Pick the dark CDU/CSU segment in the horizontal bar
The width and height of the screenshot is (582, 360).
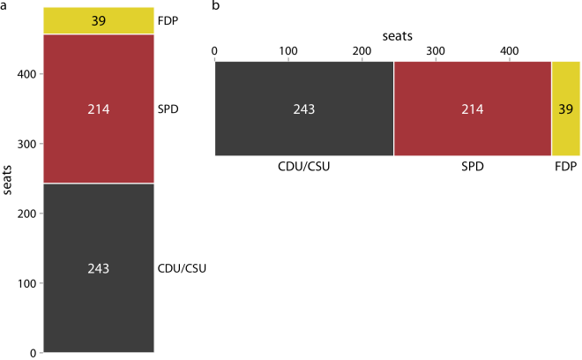(x=304, y=132)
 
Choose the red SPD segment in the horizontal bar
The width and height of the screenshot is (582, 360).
(x=472, y=132)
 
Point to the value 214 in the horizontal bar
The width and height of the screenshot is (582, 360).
(x=472, y=109)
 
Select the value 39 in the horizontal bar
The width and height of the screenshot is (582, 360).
(x=565, y=109)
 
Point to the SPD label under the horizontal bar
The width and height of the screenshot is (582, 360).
(x=472, y=165)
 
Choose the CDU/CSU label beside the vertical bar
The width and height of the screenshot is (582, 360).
(x=183, y=268)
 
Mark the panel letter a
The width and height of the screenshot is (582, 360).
(x=5, y=7)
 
